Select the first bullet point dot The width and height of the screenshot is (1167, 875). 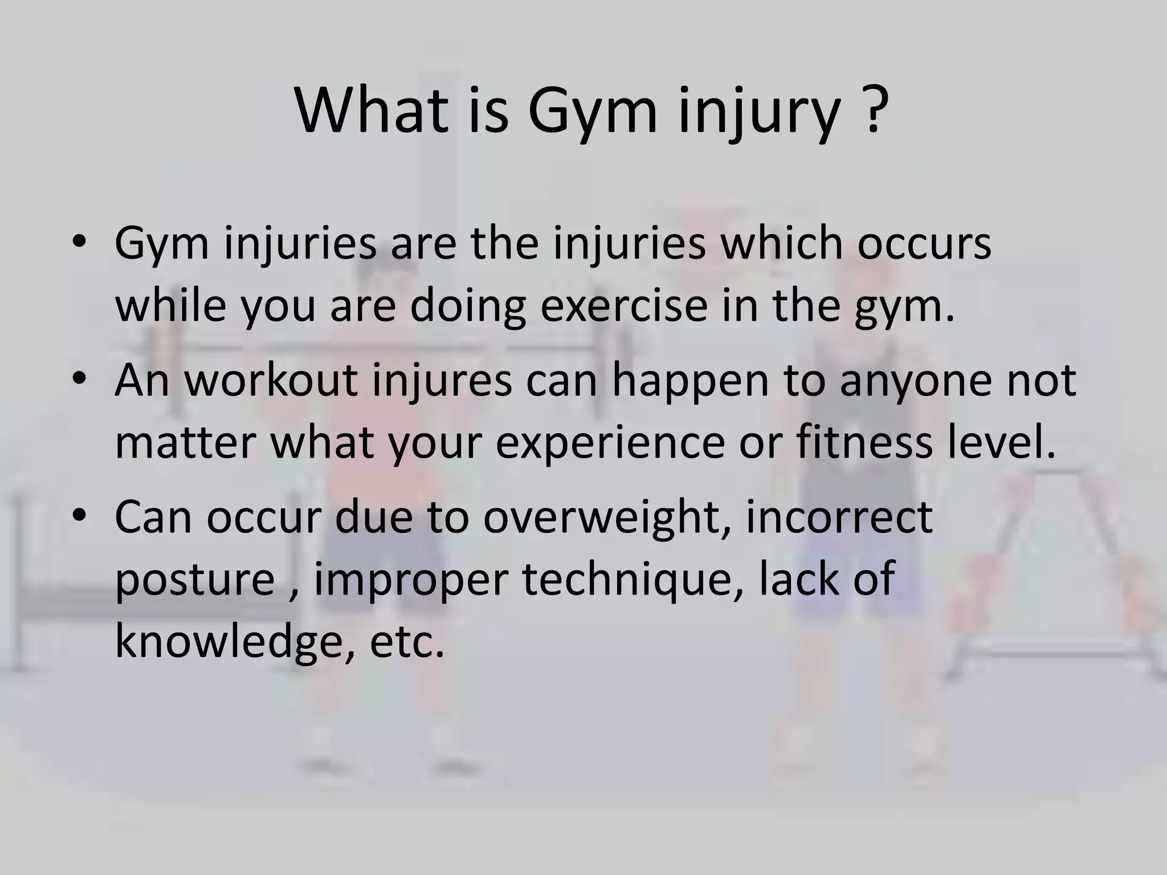pyautogui.click(x=79, y=242)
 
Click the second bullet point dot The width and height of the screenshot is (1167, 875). pyautogui.click(x=79, y=379)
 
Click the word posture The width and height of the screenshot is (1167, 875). pyautogui.click(x=195, y=580)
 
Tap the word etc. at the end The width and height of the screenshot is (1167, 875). pyautogui.click(x=406, y=643)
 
